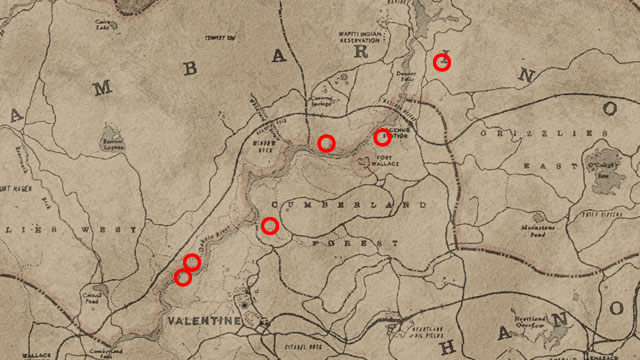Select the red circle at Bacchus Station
point(381,137)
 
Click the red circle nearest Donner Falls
point(441,63)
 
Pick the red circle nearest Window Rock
point(326,143)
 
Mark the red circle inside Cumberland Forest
point(269,226)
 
